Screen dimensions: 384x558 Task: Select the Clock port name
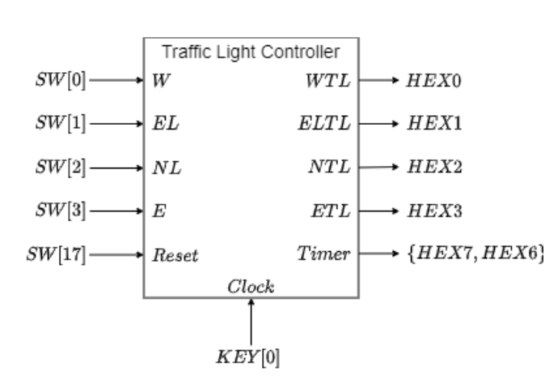click(251, 286)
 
